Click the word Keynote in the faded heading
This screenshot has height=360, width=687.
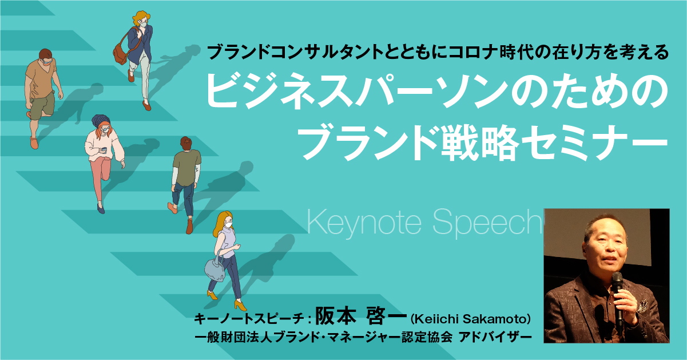pos(364,223)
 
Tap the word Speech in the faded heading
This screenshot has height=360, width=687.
pos(487,223)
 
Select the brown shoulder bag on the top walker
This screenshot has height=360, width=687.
pos(120,54)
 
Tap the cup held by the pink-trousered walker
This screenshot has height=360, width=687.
pos(104,150)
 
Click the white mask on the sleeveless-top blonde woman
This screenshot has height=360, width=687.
pos(228,225)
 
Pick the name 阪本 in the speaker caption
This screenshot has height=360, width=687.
pos(336,316)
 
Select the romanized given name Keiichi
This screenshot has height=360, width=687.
pos(437,319)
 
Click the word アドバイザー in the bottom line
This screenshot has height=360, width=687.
pos(495,338)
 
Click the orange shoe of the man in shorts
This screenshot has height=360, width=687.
pos(34,143)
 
